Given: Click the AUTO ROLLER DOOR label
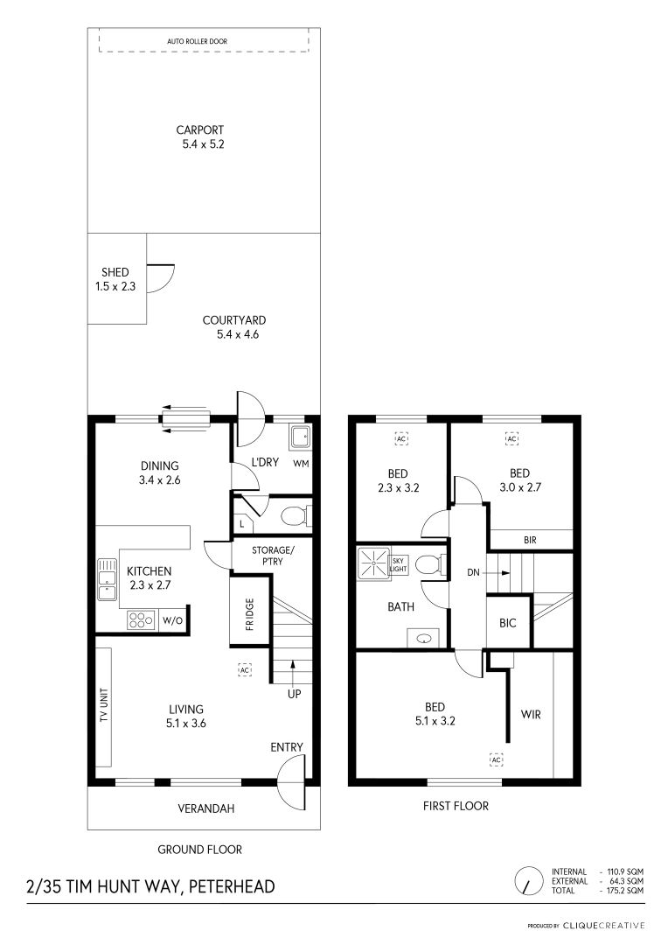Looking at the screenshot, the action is point(197,42).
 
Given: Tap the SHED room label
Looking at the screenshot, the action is point(115,272).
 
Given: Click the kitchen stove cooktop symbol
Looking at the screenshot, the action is point(141,620).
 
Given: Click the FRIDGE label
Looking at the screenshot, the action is point(249,614).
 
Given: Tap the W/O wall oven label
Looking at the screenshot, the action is point(172,621).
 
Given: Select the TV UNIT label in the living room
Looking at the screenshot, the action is point(103,705).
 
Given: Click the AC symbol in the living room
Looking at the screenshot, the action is point(245,669).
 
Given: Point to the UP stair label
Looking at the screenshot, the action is point(294,694).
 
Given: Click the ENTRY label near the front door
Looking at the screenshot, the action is point(287,747).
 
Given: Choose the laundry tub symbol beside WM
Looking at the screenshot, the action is point(299,437).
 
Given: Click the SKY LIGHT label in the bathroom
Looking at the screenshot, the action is point(399,564).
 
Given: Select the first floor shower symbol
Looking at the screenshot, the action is point(374,563).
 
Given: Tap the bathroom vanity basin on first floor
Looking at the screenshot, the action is point(426,638).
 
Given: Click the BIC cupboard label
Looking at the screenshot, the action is point(508,623).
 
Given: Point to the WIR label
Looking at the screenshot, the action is point(531,715).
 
